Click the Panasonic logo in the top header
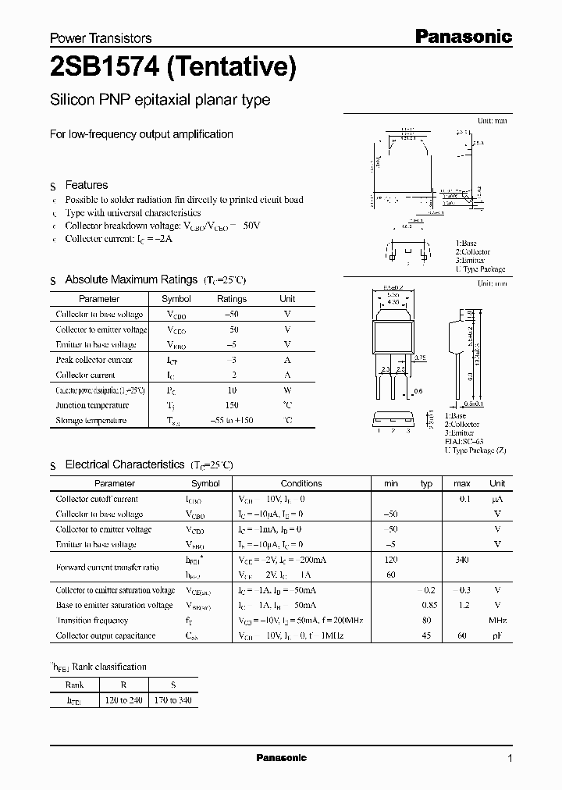coord(462,36)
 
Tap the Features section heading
coord(86,185)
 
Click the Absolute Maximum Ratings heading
coord(130,279)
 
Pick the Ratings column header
coord(231,299)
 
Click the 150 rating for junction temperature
coord(233,405)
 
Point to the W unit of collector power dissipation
coord(287,390)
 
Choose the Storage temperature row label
coord(91,421)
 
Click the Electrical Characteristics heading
coord(124,464)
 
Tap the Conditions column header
coord(301,483)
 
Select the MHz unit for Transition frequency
coord(497,621)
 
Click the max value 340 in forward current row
coord(462,560)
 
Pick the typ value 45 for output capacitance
coord(426,636)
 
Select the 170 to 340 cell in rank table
coord(173,700)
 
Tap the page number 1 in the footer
coord(510,759)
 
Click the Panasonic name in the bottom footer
coord(282,758)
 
